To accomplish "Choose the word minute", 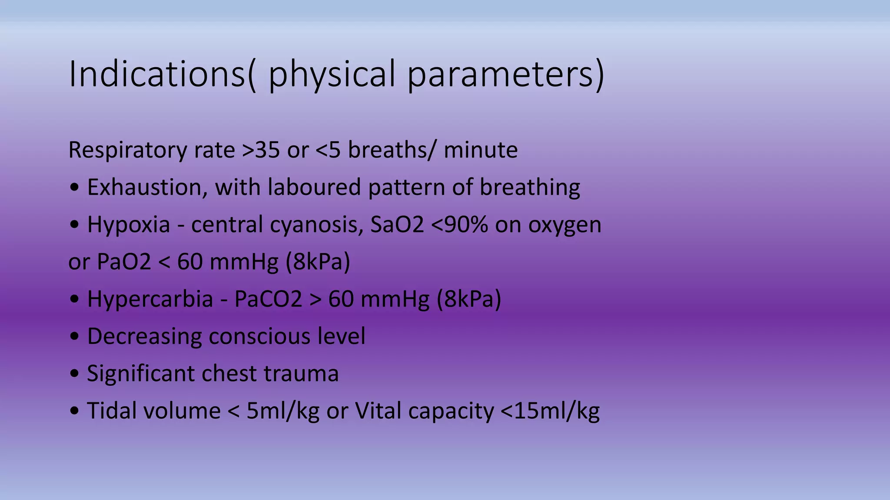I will tap(481, 150).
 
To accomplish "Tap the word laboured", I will tap(314, 187).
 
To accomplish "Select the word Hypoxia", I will tap(129, 225).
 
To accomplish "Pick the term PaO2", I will tap(123, 262).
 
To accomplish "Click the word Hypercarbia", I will tap(150, 299).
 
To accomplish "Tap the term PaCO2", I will tap(268, 299).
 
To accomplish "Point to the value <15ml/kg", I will tap(550, 411).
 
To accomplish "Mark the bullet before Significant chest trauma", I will tap(74, 374).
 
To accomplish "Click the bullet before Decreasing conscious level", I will tap(74, 336).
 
